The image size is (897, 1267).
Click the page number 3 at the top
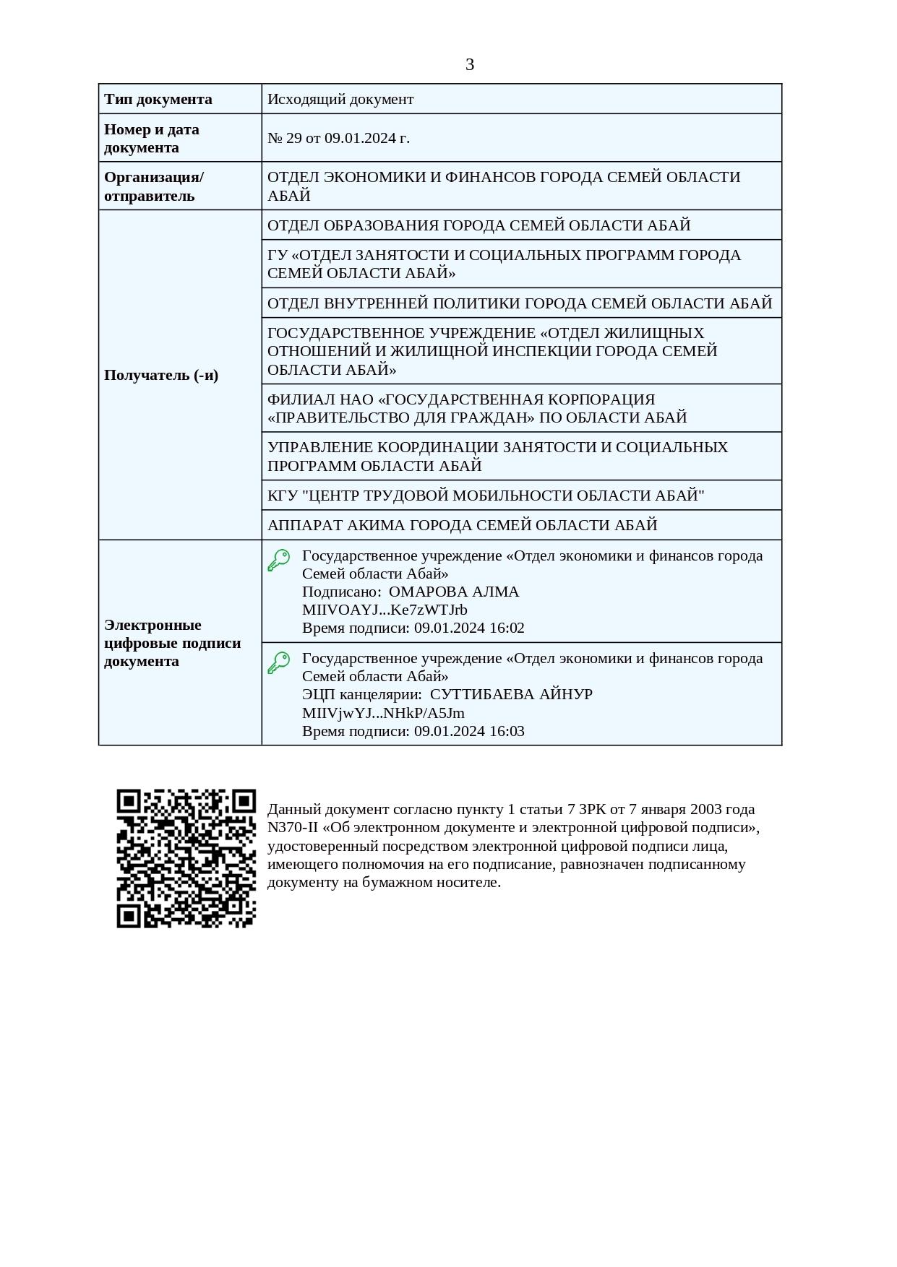469,65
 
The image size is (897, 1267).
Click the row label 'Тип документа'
158,99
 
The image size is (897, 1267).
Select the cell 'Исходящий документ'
340,99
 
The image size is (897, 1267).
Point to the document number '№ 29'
285,138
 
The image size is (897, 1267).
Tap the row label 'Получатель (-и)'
161,375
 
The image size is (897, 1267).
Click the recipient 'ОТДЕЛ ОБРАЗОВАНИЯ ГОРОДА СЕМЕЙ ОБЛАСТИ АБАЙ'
478,225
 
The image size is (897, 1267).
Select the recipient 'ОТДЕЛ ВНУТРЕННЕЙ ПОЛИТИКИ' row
520,303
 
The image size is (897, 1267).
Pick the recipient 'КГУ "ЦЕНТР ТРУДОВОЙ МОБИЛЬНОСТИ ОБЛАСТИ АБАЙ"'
486,496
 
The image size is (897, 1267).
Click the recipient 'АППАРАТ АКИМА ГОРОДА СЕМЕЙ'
462,525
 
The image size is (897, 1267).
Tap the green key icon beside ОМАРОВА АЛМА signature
279,560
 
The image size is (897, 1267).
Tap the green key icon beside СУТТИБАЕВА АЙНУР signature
279,662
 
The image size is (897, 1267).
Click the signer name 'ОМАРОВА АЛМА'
454,592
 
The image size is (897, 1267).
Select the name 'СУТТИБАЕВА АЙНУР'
511,694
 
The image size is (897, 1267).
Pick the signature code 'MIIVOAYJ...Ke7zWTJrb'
385,610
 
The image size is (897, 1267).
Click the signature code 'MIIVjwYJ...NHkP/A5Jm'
383,713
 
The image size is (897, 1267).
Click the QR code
186,858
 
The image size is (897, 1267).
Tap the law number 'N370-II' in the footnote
292,828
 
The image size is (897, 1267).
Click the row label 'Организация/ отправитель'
154,186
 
